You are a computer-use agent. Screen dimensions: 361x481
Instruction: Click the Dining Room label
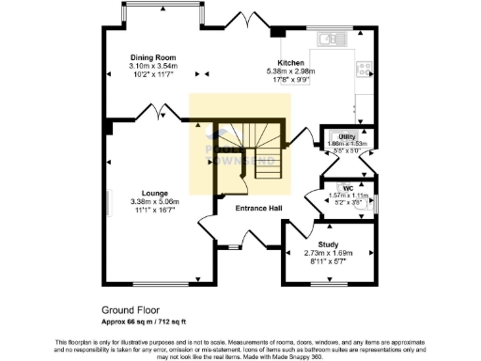[152, 58]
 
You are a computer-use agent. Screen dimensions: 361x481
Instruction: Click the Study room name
[328, 243]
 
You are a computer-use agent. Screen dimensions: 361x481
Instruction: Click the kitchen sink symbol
[332, 39]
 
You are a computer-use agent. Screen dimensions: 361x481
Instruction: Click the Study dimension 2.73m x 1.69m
[328, 253]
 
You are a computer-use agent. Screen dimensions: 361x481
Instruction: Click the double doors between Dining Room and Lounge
[154, 114]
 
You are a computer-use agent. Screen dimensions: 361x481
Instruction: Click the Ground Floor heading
[131, 309]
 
